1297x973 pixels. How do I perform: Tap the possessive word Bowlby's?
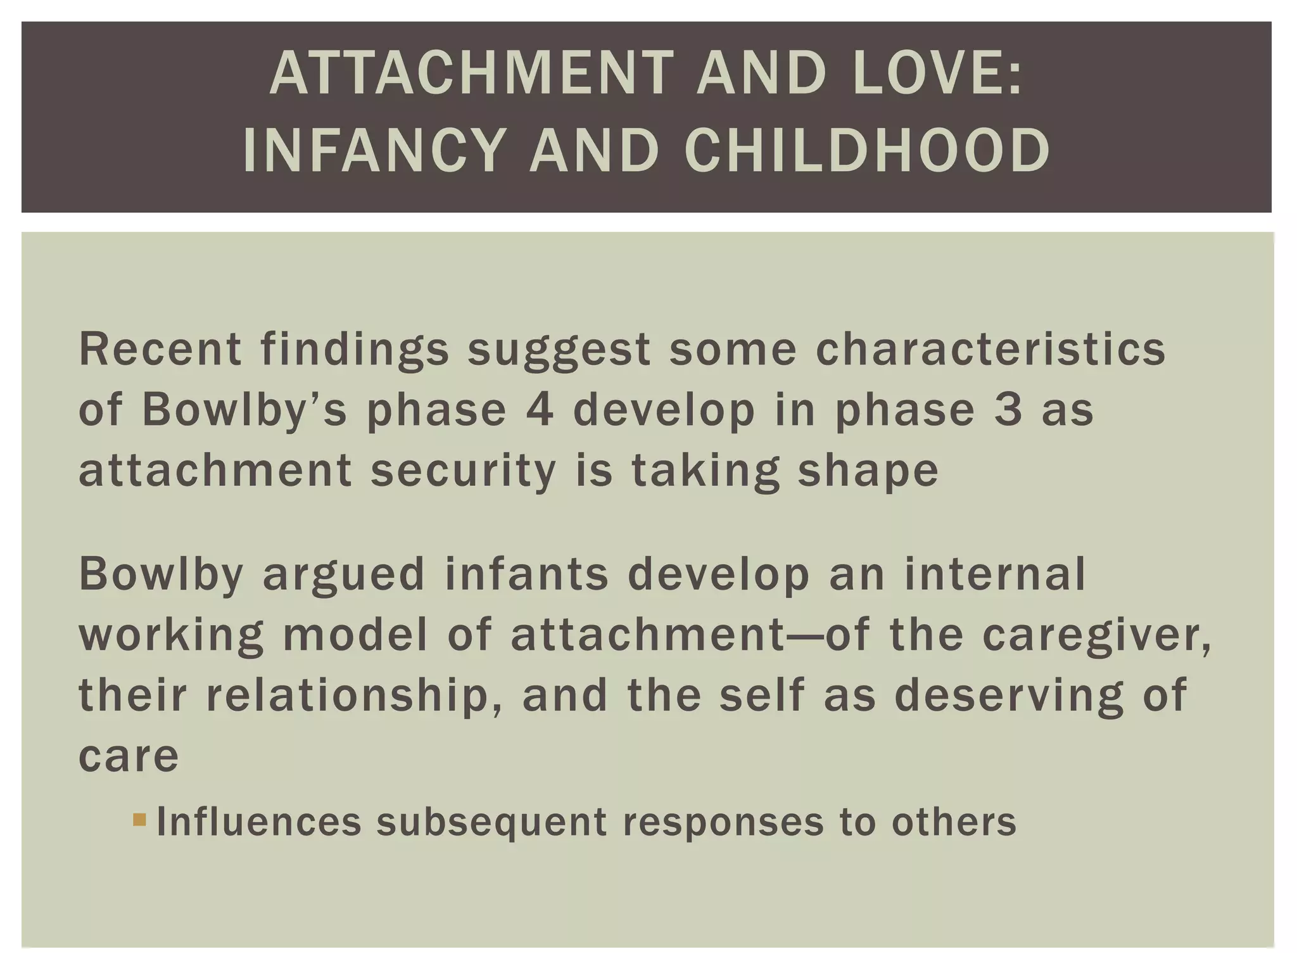pos(244,411)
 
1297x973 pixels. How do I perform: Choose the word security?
pos(463,471)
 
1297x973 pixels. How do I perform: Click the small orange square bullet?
pos(139,820)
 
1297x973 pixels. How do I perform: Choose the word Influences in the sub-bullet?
pos(259,822)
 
